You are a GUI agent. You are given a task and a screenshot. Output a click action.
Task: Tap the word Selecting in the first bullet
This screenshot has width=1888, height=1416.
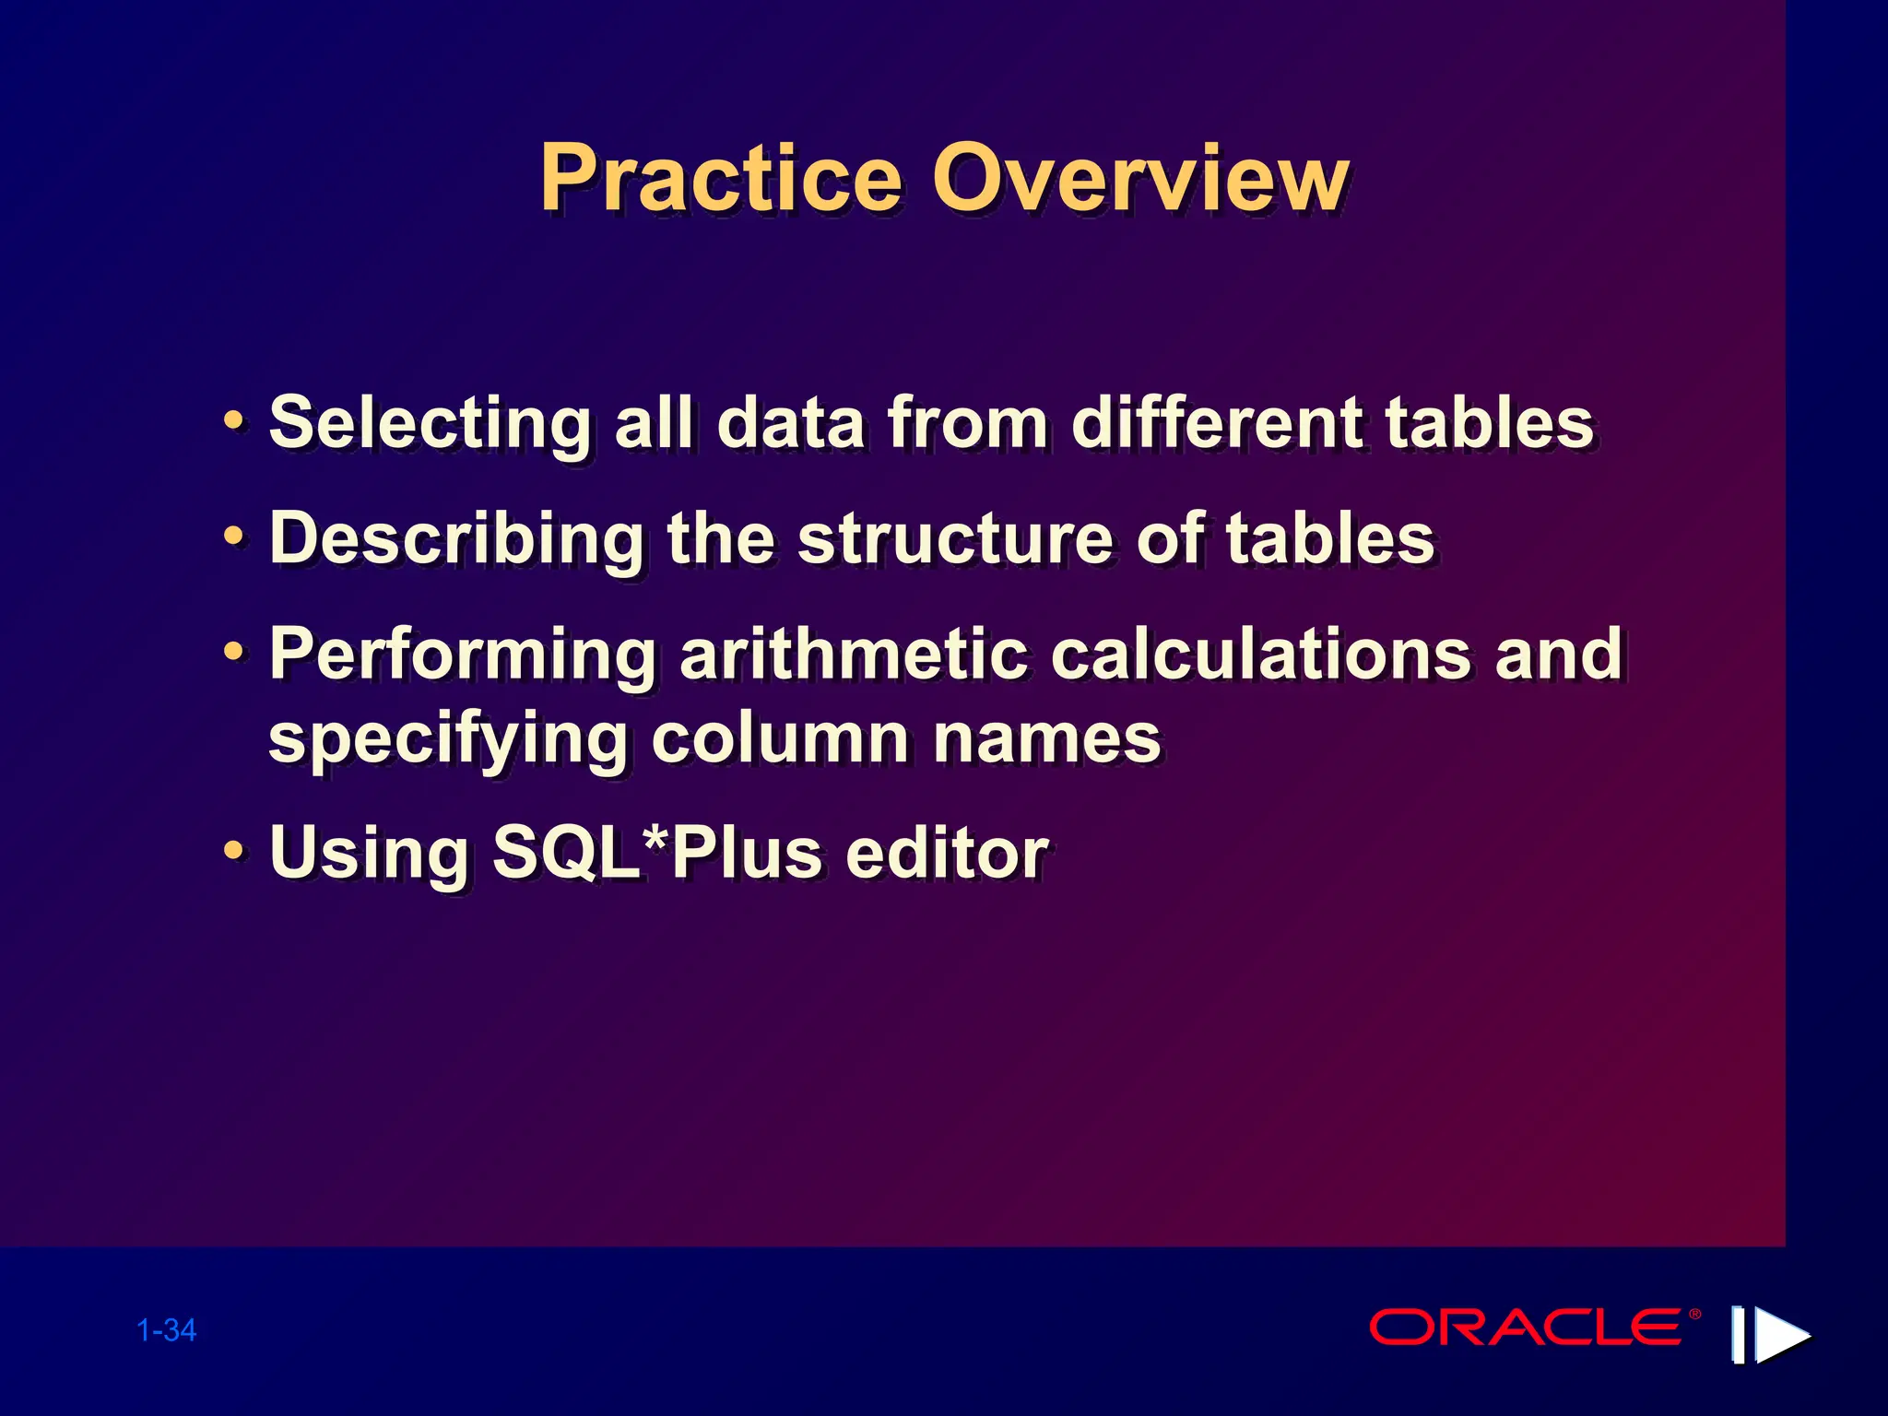coord(430,424)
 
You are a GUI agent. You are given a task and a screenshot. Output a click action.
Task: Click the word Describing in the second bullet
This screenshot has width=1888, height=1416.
coord(456,540)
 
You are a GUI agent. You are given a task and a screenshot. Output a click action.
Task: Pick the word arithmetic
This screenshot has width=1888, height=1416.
coord(853,655)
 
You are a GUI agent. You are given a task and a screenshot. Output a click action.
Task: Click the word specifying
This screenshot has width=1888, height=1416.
coord(448,741)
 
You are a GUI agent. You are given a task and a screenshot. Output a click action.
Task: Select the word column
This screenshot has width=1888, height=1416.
coord(780,739)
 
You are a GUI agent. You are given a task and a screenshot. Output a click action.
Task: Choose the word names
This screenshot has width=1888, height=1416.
coord(1046,739)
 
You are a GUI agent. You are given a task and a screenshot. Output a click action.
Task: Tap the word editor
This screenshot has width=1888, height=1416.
coord(947,853)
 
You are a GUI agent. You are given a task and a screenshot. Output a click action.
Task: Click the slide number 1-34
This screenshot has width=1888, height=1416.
coord(166,1330)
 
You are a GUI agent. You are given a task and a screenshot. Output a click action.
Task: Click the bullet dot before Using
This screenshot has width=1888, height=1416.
coord(235,849)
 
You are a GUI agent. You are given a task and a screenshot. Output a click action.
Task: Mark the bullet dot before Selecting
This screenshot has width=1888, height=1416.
coord(235,421)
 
